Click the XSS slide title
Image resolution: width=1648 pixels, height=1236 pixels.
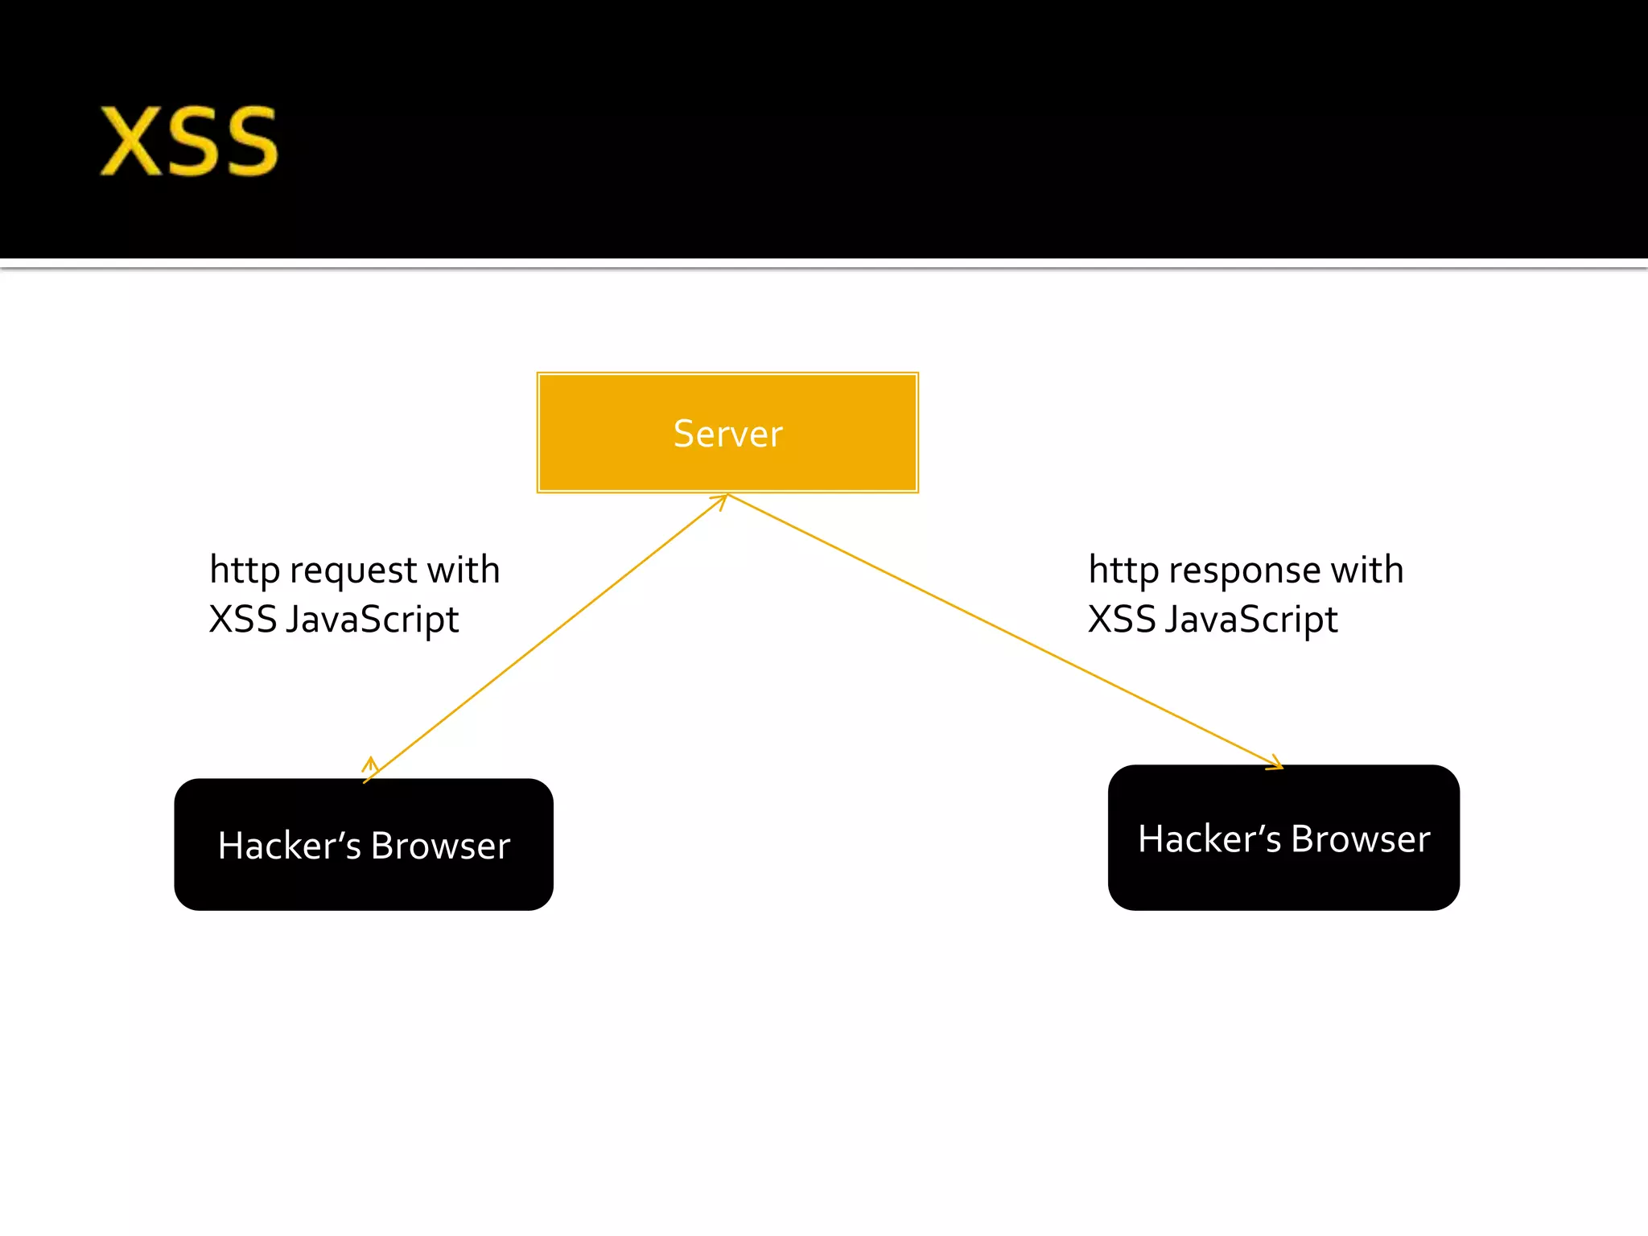tap(189, 142)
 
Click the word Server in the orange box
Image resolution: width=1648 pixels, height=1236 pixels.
tap(727, 434)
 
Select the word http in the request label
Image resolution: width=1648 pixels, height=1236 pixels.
tap(245, 571)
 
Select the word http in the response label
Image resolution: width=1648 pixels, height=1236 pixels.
tap(1123, 571)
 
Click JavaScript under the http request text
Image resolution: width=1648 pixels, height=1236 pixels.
tap(372, 620)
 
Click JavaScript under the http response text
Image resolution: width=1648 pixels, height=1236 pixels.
tap(1250, 620)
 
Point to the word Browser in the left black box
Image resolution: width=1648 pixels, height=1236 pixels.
tap(440, 846)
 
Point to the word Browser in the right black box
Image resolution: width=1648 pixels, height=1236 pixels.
tap(1360, 839)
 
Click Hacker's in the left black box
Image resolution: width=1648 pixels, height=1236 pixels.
tap(289, 846)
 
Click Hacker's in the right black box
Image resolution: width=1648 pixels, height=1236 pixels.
tap(1209, 839)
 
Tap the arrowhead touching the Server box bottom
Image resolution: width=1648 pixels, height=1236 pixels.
tap(720, 501)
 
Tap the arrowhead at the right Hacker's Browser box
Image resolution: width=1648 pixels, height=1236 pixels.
tap(1276, 764)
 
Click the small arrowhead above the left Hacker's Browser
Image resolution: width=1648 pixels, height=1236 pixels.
tap(370, 762)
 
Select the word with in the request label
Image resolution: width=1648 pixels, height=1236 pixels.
tap(463, 571)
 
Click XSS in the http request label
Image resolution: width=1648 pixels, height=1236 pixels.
tap(242, 620)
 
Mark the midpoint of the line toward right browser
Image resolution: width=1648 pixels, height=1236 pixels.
tap(1005, 631)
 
